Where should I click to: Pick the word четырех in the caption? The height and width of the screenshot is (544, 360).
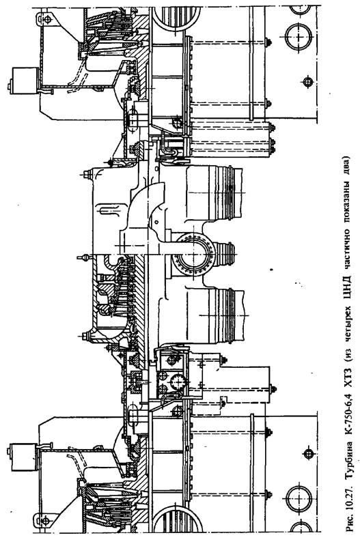[x=346, y=321]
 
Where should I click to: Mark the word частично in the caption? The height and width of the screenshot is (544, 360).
[x=346, y=247]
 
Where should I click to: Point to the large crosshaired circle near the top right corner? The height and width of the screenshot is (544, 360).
[x=299, y=36]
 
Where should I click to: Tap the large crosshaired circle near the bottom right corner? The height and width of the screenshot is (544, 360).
[x=299, y=498]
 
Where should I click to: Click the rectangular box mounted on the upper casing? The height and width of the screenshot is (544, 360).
[x=25, y=81]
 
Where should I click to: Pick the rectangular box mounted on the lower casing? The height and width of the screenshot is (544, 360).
[x=24, y=457]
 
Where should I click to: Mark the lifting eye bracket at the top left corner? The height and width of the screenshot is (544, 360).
[x=46, y=18]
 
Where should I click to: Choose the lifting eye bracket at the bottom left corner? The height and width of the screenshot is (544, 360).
[x=45, y=520]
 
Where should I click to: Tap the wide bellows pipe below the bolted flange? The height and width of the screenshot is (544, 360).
[x=215, y=316]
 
